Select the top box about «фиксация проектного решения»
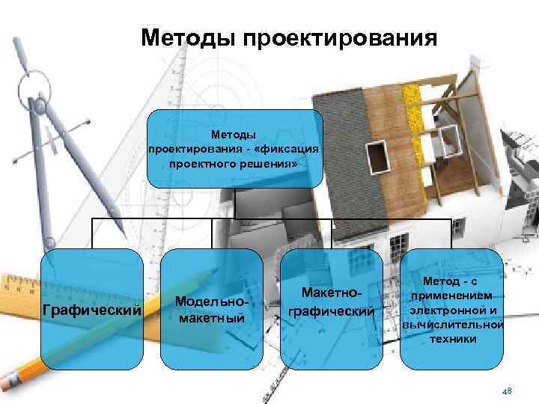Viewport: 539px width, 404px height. (x=234, y=148)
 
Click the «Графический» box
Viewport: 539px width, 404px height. (x=92, y=309)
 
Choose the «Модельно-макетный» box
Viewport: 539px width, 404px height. (x=213, y=309)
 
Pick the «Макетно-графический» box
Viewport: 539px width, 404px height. (x=332, y=309)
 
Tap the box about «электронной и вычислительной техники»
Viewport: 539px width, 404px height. (x=452, y=309)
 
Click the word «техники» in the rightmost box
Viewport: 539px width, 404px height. (x=453, y=338)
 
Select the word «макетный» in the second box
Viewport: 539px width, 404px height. (x=213, y=318)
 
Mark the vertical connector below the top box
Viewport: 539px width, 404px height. (x=234, y=203)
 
